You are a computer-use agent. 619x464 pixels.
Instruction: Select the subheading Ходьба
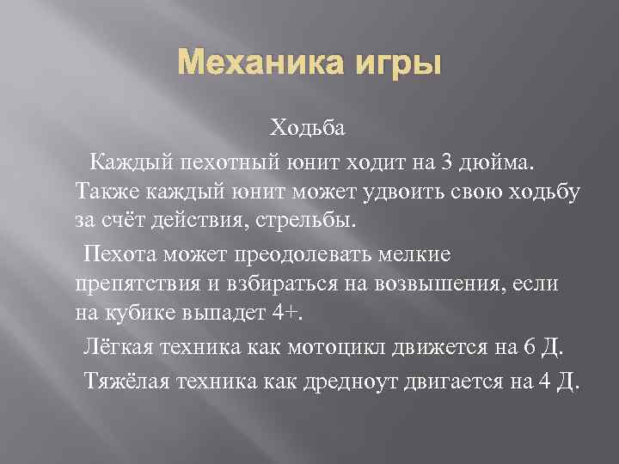(308, 129)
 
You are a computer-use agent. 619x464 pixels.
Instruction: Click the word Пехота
(118, 254)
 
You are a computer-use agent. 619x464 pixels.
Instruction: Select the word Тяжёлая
(127, 379)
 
